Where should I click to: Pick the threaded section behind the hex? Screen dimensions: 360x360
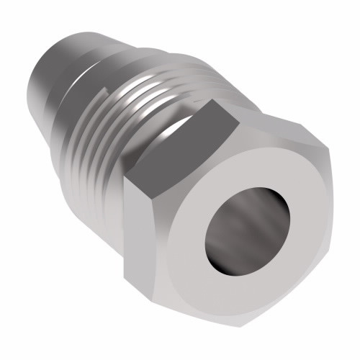130,122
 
